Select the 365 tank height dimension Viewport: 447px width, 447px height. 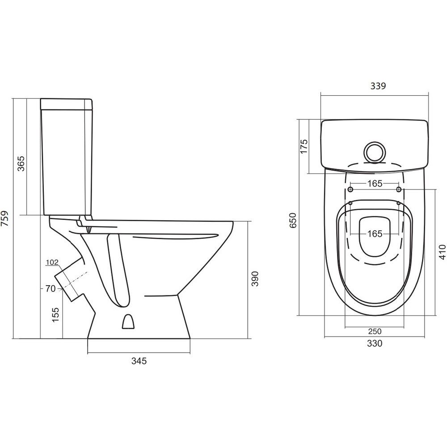pos(21,163)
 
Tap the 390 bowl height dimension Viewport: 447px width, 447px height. pos(255,278)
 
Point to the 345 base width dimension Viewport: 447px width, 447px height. pos(139,361)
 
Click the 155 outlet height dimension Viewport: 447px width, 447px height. pos(55,314)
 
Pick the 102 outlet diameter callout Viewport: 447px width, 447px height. pos(52,262)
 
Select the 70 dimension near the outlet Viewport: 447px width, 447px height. pos(50,288)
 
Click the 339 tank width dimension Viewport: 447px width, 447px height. pos(378,86)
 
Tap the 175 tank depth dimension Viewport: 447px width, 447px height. pos(304,146)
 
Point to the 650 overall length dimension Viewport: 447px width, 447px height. pos(293,220)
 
